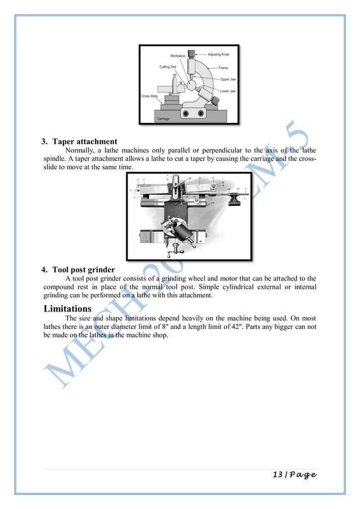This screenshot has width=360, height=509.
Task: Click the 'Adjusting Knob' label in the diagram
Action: (221, 54)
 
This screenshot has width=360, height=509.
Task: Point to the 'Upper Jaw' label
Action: (229, 80)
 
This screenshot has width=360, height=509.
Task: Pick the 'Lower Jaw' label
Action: (229, 90)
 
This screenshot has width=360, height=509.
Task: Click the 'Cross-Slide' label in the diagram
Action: (150, 96)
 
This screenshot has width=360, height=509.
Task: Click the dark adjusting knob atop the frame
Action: (193, 55)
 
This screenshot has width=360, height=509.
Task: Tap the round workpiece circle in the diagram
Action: (192, 85)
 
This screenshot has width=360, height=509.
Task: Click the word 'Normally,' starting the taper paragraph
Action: (80, 151)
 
